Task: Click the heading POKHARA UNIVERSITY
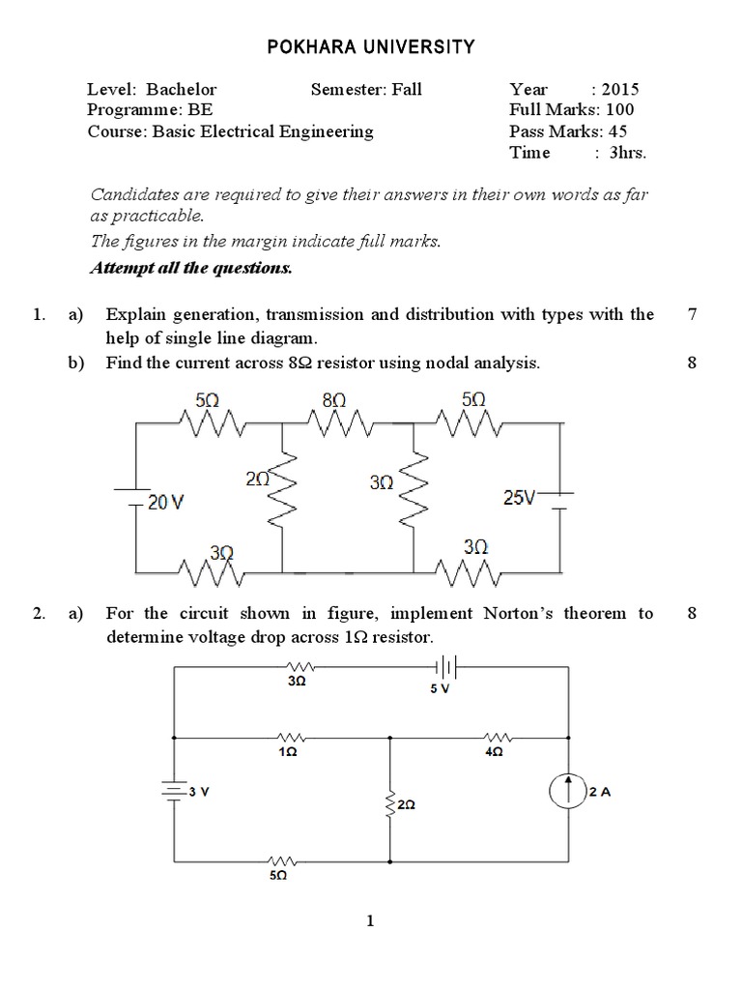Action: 370,45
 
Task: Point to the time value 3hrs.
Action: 627,153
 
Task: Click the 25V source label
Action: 519,497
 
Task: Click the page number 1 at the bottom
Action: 370,921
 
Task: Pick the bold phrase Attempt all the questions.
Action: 190,268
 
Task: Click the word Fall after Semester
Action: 407,90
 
